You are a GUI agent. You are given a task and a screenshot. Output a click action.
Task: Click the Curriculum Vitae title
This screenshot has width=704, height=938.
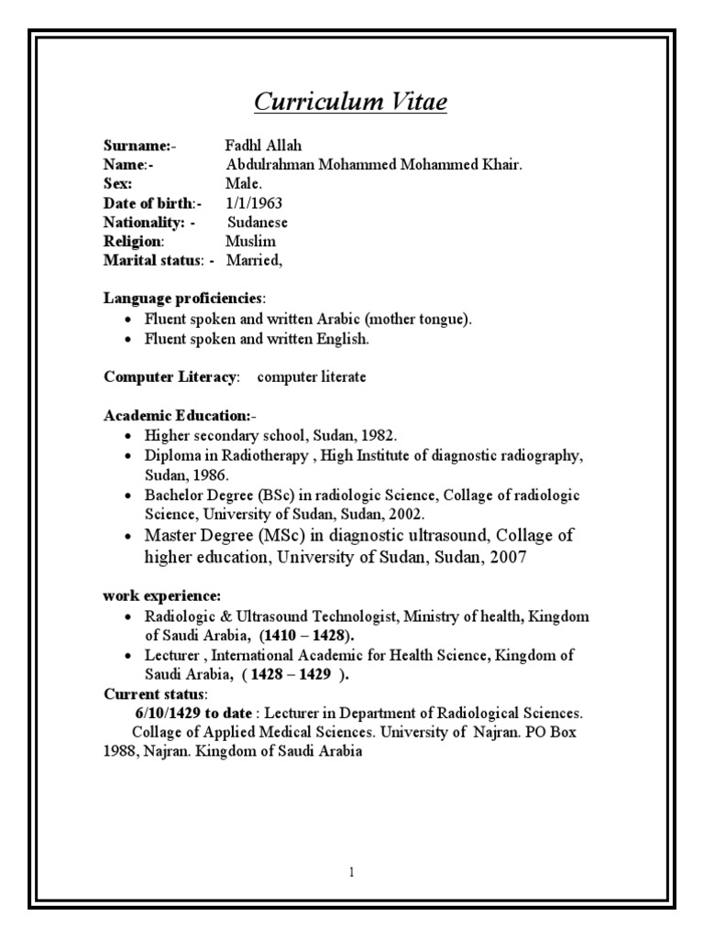pyautogui.click(x=350, y=103)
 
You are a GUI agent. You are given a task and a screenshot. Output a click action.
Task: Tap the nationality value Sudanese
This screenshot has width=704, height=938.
pyautogui.click(x=258, y=223)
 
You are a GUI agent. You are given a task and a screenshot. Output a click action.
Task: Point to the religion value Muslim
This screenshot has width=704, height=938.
pyautogui.click(x=250, y=242)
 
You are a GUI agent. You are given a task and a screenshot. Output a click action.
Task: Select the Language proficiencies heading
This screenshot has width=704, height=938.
pyautogui.click(x=183, y=300)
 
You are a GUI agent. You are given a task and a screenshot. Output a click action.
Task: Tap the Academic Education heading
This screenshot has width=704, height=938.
pyautogui.click(x=169, y=416)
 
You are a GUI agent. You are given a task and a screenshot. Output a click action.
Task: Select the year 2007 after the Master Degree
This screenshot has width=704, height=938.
pyautogui.click(x=507, y=557)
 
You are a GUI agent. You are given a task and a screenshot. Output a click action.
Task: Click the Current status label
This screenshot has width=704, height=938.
pyautogui.click(x=155, y=693)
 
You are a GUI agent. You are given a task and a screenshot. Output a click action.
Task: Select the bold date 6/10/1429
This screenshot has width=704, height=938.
pyautogui.click(x=169, y=713)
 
